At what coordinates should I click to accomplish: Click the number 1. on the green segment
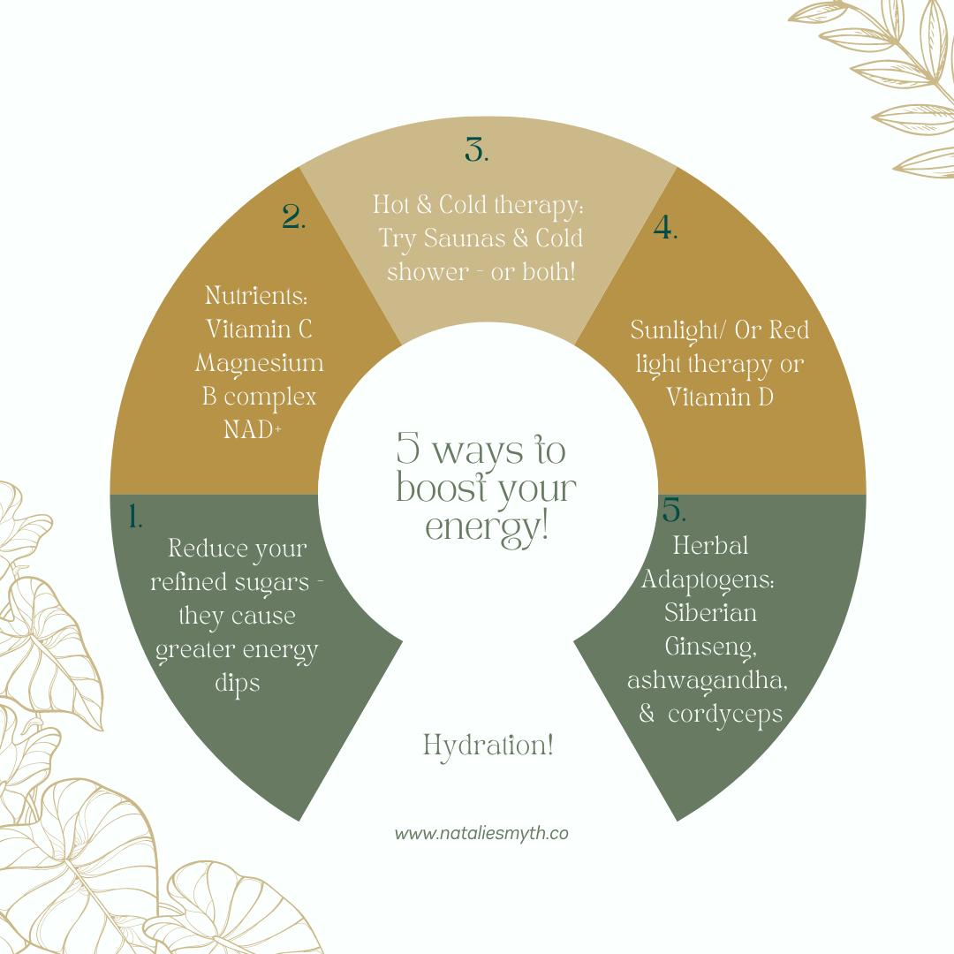[135, 516]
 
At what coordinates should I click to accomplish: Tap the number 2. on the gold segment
[293, 217]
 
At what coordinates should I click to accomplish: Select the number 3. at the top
[476, 151]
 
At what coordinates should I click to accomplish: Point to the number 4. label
[665, 229]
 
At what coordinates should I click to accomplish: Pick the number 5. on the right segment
[674, 511]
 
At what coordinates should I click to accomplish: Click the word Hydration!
[488, 746]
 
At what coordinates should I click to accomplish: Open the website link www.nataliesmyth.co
[481, 833]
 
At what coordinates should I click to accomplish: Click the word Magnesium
[260, 363]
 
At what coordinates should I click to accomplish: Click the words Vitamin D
[719, 397]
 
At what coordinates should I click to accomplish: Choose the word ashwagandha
[708, 681]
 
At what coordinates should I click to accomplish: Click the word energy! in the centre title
[487, 527]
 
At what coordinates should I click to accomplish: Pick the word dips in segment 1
[237, 683]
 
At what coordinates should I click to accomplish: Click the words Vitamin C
[259, 329]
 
